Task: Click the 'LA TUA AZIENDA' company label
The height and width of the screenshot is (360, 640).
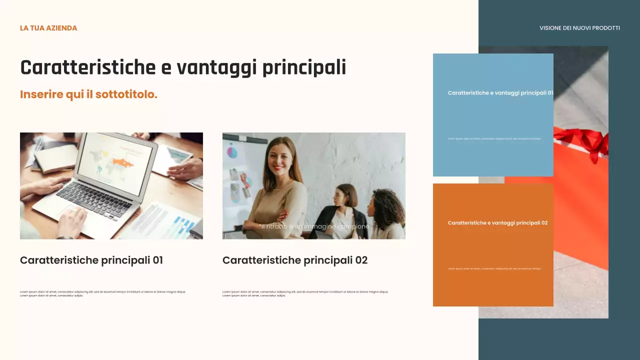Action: pos(48,28)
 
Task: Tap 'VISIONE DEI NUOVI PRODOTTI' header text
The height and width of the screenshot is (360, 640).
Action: pos(579,28)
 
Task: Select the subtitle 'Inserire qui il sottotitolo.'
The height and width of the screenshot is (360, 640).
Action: pos(88,94)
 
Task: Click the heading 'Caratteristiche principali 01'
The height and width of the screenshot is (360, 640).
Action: pos(91,260)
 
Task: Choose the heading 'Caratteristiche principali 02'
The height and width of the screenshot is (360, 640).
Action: pos(295,260)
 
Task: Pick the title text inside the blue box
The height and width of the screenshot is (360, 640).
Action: pos(500,93)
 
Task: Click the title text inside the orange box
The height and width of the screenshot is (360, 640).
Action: pos(497,223)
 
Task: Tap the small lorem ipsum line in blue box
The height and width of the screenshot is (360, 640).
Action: pos(494,138)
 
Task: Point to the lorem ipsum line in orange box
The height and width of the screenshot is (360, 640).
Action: pos(494,268)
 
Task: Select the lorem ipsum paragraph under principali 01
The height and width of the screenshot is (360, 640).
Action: pos(102,293)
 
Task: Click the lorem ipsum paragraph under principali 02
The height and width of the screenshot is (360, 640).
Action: pos(305,293)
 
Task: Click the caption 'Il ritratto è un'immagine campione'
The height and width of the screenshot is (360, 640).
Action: pos(315,226)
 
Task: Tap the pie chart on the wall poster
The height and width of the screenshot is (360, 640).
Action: pos(232,151)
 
